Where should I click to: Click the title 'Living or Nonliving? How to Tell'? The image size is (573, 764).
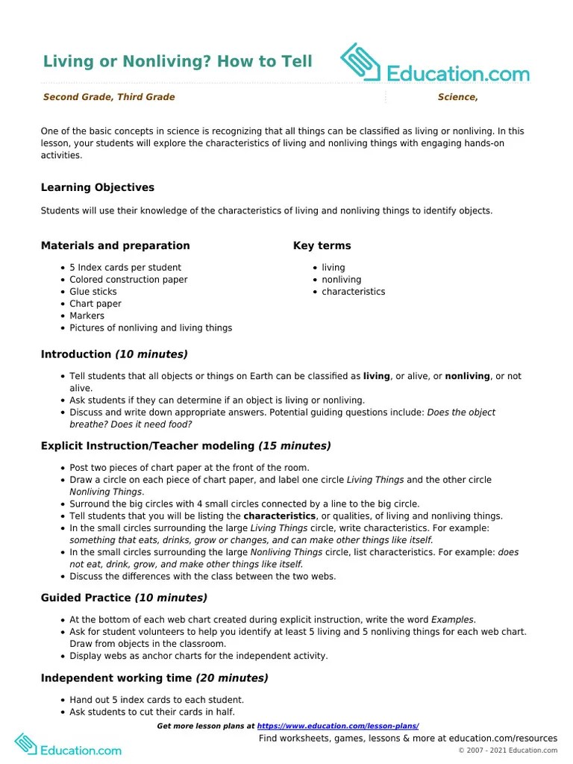pos(177,61)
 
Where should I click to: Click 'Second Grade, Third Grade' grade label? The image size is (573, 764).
pos(109,97)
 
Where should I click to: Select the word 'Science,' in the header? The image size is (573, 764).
pos(457,97)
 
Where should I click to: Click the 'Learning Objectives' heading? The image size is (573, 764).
pos(98,187)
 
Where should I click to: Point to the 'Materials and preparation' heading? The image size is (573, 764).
pos(115,245)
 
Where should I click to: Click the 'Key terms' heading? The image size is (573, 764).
pos(322,245)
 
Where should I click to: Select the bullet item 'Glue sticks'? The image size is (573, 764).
pos(93,292)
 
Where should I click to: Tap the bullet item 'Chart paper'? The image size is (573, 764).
pos(95,304)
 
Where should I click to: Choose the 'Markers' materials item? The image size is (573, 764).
pos(87,316)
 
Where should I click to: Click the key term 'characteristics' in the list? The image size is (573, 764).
pos(353,292)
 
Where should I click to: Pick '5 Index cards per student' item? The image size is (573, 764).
pos(125,267)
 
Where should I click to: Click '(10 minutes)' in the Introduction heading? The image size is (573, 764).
pos(151,354)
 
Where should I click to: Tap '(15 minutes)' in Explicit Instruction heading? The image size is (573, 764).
pos(295,446)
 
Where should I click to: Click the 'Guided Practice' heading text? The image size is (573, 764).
pos(86,598)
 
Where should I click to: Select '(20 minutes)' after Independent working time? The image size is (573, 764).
pos(232,678)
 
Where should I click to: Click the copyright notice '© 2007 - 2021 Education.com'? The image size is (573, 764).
pos(507,751)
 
